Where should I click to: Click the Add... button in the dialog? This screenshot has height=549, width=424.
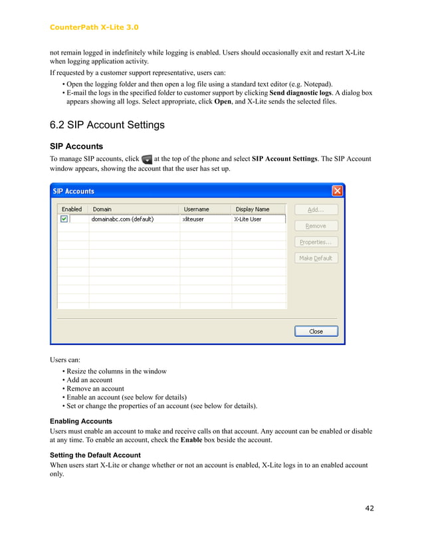tap(316, 209)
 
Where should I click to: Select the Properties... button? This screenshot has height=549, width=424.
tap(316, 242)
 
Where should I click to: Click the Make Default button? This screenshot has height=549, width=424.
tap(316, 258)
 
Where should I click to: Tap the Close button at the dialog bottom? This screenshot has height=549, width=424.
tap(316, 331)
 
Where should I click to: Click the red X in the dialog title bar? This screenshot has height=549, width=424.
tap(337, 191)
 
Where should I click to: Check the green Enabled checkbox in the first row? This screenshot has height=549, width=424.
tap(64, 219)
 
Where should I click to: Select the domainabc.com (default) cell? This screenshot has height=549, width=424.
tap(123, 219)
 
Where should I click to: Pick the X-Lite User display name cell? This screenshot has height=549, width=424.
tap(248, 219)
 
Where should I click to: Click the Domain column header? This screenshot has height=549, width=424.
tap(102, 209)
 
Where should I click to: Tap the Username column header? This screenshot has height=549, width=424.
tap(196, 209)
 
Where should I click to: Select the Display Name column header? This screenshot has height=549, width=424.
tap(253, 209)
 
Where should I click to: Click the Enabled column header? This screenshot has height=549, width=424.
tap(72, 209)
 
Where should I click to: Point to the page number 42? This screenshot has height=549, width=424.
tap(370, 508)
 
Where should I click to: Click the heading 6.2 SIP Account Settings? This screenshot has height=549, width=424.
tap(107, 125)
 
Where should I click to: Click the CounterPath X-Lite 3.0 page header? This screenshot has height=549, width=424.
tap(94, 27)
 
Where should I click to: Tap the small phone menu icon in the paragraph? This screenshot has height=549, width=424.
tap(147, 160)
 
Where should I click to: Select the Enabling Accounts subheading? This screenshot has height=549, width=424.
tap(81, 421)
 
